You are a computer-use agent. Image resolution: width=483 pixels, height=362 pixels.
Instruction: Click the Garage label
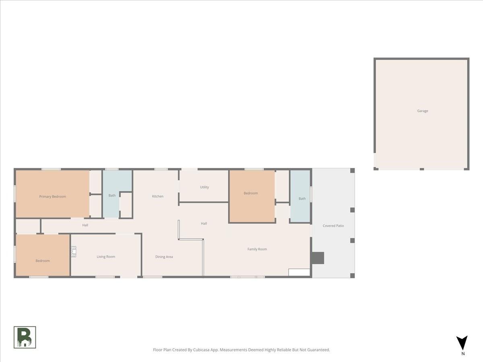click(423, 111)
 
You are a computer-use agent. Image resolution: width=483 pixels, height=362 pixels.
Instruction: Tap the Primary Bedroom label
click(53, 197)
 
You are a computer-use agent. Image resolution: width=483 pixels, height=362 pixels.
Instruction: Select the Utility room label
click(204, 187)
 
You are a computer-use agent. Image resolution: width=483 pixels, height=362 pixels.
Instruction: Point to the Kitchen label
click(157, 196)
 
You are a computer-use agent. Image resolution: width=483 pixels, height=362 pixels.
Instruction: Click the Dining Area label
click(164, 257)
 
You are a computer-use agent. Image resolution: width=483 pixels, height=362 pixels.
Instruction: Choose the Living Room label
click(106, 257)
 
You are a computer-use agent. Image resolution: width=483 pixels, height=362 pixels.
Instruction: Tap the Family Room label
click(257, 249)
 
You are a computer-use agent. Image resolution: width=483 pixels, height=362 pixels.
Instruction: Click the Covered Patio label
click(333, 226)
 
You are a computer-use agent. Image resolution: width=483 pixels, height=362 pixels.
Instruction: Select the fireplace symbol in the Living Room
click(74, 252)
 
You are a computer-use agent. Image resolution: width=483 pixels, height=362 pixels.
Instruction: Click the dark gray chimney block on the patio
click(318, 258)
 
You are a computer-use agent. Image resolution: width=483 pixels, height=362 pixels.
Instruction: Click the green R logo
click(25, 337)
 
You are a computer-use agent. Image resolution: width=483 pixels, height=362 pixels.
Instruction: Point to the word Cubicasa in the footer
click(201, 350)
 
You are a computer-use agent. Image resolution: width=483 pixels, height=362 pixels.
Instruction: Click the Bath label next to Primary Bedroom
click(112, 195)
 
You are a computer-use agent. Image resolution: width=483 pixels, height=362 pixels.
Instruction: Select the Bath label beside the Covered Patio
click(302, 199)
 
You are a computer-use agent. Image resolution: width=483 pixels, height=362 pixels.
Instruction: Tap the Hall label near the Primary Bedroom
click(85, 225)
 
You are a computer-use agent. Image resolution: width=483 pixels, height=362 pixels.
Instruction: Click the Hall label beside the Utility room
click(204, 224)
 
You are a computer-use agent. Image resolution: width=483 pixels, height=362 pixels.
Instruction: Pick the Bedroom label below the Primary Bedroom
click(43, 261)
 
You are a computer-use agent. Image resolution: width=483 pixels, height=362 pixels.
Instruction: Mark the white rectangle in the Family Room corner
click(299, 272)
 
